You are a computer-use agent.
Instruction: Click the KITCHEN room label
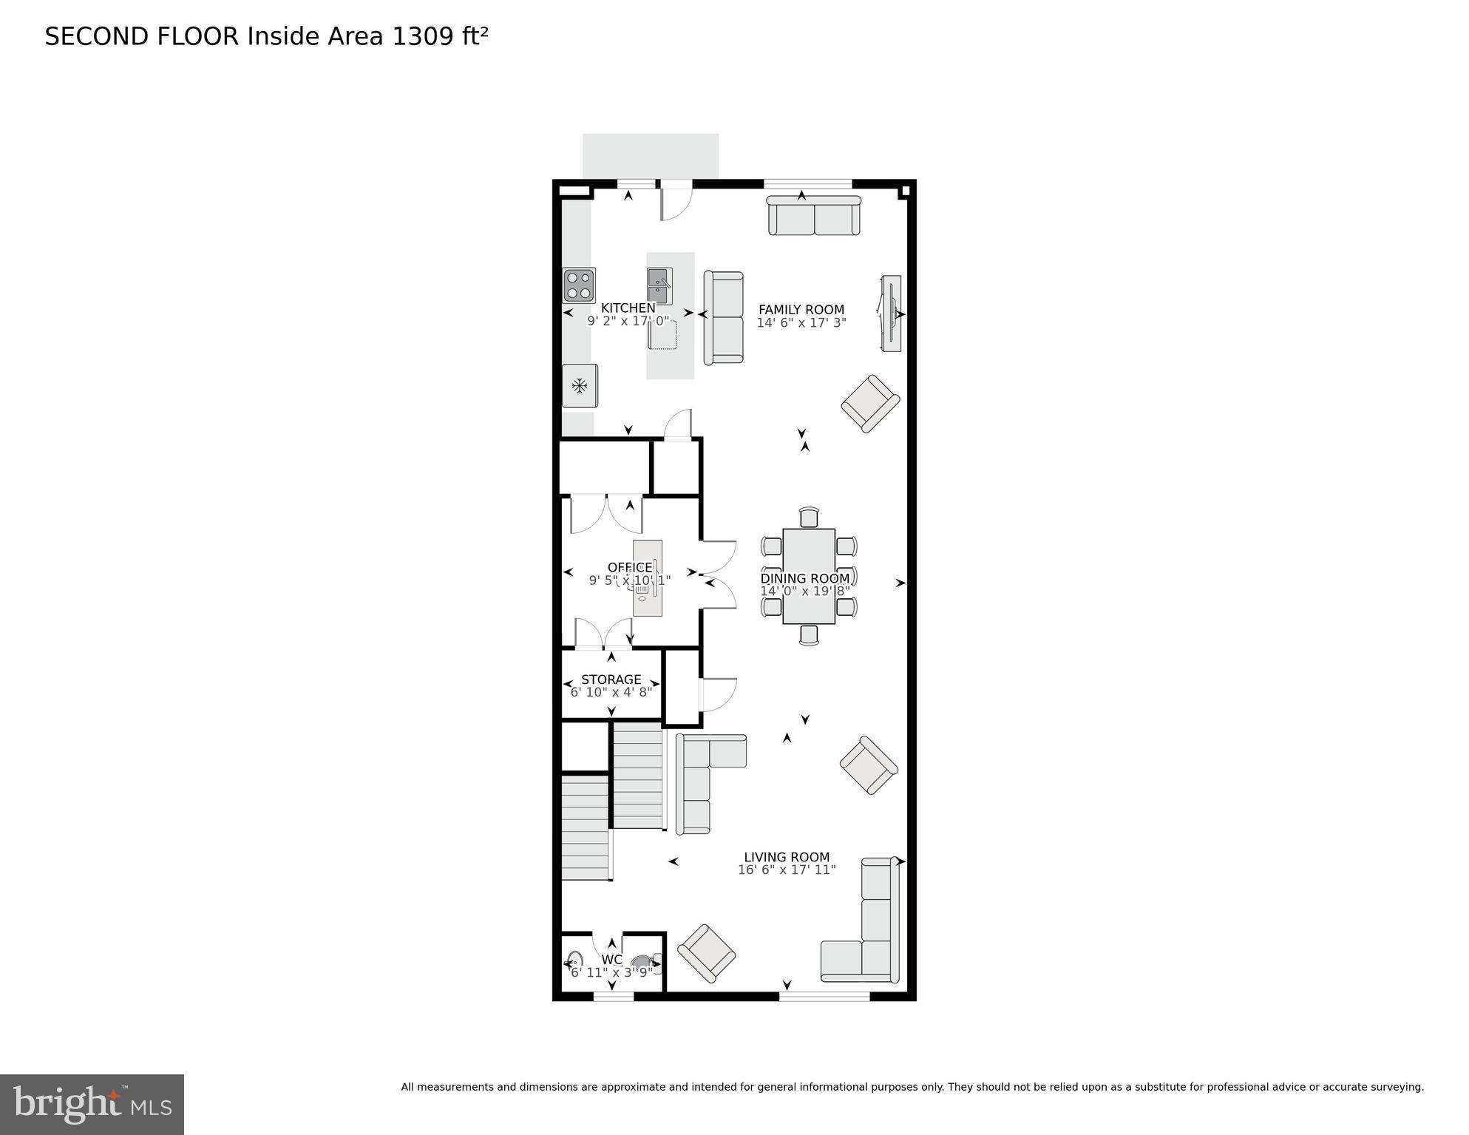pos(628,308)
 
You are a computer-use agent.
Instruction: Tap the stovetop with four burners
pos(579,285)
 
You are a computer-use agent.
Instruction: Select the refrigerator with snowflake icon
pos(580,385)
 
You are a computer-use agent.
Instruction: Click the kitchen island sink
pos(659,286)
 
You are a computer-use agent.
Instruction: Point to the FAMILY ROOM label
pos(801,310)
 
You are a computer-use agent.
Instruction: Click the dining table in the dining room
pos(809,576)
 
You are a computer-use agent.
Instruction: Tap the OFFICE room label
pos(629,567)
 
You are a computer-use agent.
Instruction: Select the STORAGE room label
pos(611,679)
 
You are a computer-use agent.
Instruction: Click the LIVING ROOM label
pos(787,857)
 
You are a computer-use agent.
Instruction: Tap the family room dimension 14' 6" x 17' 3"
pos(801,323)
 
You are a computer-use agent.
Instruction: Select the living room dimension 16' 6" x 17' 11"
pos(787,870)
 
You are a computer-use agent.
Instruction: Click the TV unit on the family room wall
pos(891,314)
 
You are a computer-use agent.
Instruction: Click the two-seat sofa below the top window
pos(814,216)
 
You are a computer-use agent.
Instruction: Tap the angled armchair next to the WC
pos(706,953)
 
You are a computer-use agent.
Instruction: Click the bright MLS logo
pos(92,1104)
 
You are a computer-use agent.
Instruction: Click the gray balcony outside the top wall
pos(651,155)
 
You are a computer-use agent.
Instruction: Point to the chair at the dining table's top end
pos(809,517)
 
